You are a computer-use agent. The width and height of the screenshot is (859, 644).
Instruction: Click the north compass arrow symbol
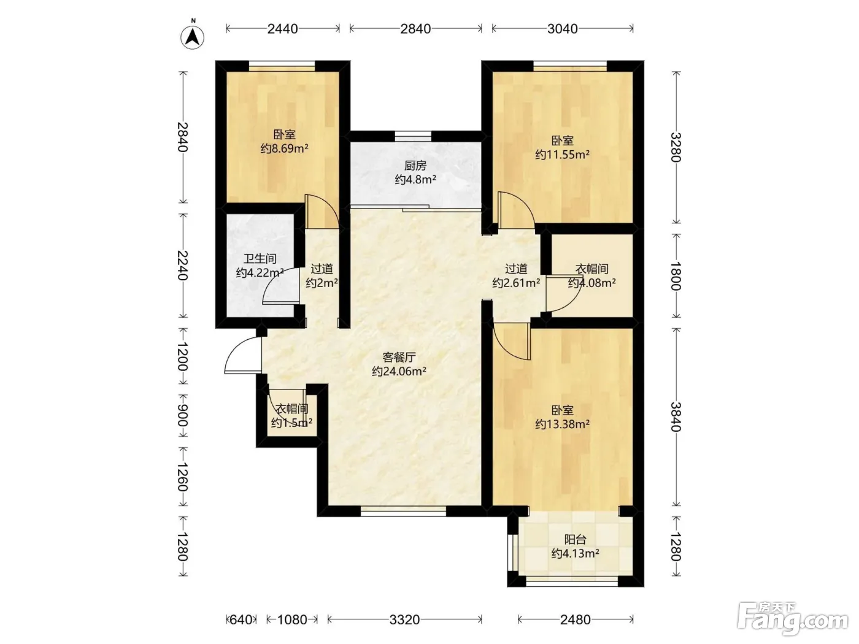[x=192, y=37]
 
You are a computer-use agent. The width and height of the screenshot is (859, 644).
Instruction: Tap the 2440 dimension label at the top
[x=283, y=29]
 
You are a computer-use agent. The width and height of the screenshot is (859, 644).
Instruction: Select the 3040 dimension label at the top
[x=563, y=29]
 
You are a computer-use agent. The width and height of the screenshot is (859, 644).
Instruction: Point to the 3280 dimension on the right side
[x=676, y=147]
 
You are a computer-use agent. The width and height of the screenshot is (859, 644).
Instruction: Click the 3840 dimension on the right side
[x=676, y=417]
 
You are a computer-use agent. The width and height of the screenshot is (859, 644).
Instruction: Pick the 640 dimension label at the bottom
[x=241, y=619]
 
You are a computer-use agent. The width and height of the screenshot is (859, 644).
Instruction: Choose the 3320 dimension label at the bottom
[x=404, y=619]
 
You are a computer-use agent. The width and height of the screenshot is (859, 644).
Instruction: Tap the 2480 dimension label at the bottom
[x=576, y=619]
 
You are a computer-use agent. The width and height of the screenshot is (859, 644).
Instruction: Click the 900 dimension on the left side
[x=183, y=415]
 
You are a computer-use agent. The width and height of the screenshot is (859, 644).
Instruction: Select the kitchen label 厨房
[x=415, y=166]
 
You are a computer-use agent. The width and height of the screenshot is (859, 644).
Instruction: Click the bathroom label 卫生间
[x=260, y=258]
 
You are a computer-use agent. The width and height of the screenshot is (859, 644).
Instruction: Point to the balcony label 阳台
[x=576, y=540]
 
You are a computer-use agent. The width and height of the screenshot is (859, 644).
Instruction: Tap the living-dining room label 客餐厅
[x=399, y=358]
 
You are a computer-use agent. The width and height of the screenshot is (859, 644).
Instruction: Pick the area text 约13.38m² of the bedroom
[x=563, y=424]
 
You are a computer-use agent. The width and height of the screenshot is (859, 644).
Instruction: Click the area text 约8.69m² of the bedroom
[x=285, y=148]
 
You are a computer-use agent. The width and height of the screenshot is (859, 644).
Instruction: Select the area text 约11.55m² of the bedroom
[x=563, y=155]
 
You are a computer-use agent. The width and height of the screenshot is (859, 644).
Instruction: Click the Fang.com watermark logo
[x=793, y=619]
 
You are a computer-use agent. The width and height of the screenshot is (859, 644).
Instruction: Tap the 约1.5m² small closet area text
[x=291, y=423]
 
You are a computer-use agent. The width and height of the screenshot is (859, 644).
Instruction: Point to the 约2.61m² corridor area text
[x=516, y=283]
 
